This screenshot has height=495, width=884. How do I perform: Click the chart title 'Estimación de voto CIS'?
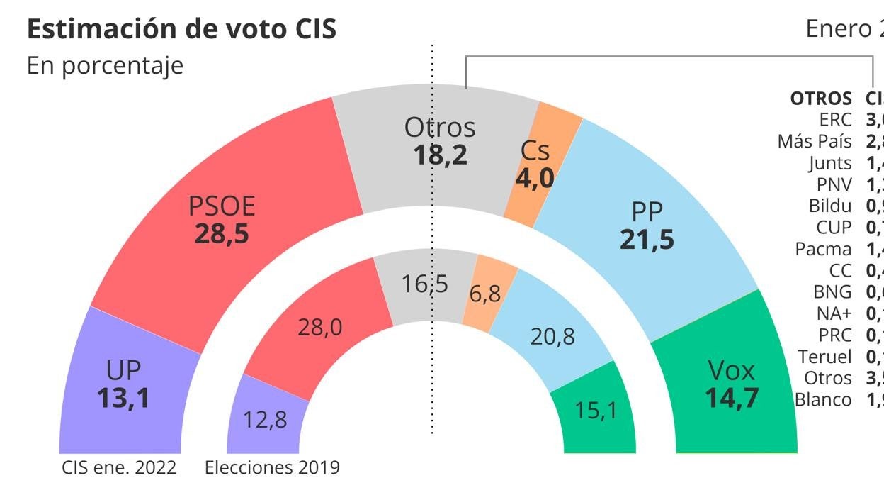pyautogui.click(x=181, y=29)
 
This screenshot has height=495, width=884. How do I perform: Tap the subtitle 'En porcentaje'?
pyautogui.click(x=105, y=65)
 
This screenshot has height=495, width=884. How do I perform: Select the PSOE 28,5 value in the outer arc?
pyautogui.click(x=222, y=233)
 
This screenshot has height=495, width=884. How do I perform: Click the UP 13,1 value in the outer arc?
pyautogui.click(x=123, y=398)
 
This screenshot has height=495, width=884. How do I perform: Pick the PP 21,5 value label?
pyautogui.click(x=647, y=239)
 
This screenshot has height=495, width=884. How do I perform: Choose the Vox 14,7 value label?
pyautogui.click(x=732, y=397)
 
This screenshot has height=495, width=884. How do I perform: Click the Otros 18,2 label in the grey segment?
pyautogui.click(x=440, y=153)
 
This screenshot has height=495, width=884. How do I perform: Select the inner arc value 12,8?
pyautogui.click(x=265, y=420)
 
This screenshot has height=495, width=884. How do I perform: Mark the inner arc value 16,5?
pyautogui.click(x=425, y=284)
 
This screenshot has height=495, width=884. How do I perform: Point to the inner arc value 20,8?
pyautogui.click(x=552, y=336)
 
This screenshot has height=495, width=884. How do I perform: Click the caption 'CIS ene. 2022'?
pyautogui.click(x=118, y=468)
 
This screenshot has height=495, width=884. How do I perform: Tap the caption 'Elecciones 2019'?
pyautogui.click(x=272, y=468)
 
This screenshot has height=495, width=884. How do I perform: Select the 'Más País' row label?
pyautogui.click(x=815, y=141)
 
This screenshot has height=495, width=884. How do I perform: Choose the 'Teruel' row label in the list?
pyautogui.click(x=824, y=357)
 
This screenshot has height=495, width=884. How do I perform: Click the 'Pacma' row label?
pyautogui.click(x=823, y=249)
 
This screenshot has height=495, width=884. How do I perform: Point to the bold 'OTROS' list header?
pyautogui.click(x=821, y=98)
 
